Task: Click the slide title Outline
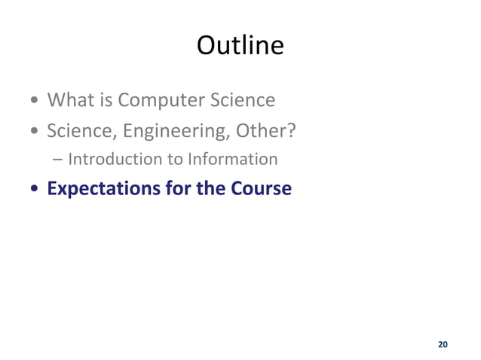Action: (x=240, y=46)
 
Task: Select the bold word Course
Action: (x=261, y=188)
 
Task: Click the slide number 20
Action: (x=443, y=344)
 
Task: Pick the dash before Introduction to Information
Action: (x=59, y=160)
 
